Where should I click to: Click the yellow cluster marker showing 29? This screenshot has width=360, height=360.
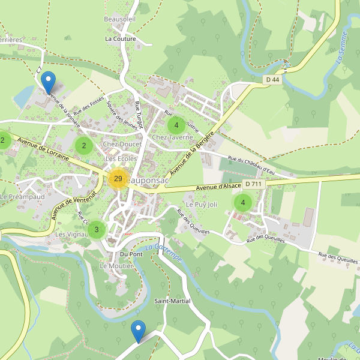[118, 178]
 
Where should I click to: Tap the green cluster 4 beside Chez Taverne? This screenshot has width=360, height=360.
[176, 125]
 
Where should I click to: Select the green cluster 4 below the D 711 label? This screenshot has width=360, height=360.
[242, 202]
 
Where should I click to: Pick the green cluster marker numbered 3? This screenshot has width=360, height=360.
[97, 229]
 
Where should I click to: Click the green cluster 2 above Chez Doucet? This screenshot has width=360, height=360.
[84, 145]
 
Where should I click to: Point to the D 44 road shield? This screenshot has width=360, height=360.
[273, 79]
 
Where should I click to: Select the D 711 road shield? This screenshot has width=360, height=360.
[253, 184]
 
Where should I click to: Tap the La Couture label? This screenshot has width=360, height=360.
[121, 38]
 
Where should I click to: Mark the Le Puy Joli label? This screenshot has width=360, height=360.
[201, 205]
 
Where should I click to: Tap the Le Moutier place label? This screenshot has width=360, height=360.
[116, 266]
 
